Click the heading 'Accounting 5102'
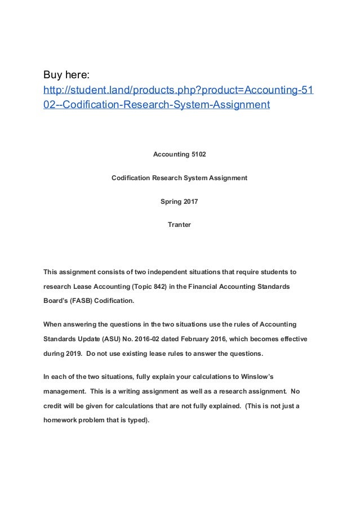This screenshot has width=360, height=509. pos(179,154)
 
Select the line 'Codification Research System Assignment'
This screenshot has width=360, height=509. pos(179,178)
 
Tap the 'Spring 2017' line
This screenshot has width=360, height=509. pos(179,202)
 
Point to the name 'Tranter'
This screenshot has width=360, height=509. pos(179,225)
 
